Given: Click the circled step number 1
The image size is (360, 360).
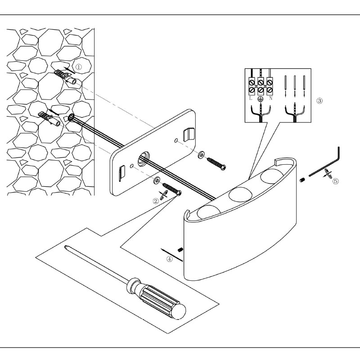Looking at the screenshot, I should (x=78, y=67).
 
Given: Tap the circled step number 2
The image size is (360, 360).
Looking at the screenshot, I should (x=156, y=201).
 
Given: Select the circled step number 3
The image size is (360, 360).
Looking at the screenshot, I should (x=319, y=101).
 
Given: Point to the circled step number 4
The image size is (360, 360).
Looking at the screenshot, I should (x=170, y=259).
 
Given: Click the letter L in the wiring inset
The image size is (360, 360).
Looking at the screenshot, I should (x=251, y=97).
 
